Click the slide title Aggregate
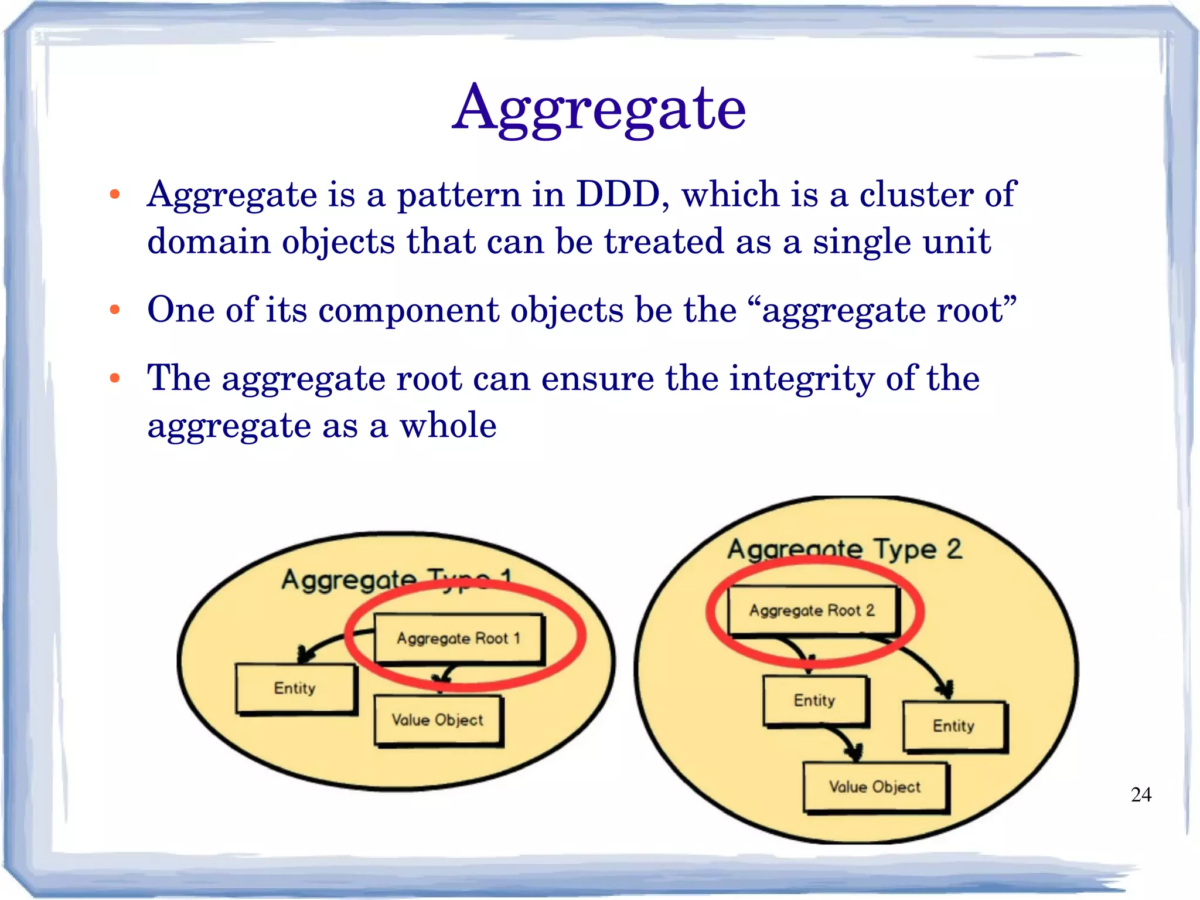[x=599, y=108]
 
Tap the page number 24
[x=1141, y=794]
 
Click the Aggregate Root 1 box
[x=459, y=638]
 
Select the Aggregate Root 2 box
[x=812, y=610]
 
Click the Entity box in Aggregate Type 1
[x=295, y=688]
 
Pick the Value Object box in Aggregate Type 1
[x=438, y=720]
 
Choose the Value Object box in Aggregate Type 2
[x=875, y=787]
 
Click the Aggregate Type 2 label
[x=844, y=549]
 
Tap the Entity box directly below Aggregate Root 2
[x=814, y=701]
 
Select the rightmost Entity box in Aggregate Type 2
[x=953, y=726]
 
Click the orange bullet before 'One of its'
[x=115, y=310]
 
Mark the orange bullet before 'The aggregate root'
[x=115, y=378]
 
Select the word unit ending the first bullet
[x=959, y=242]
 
